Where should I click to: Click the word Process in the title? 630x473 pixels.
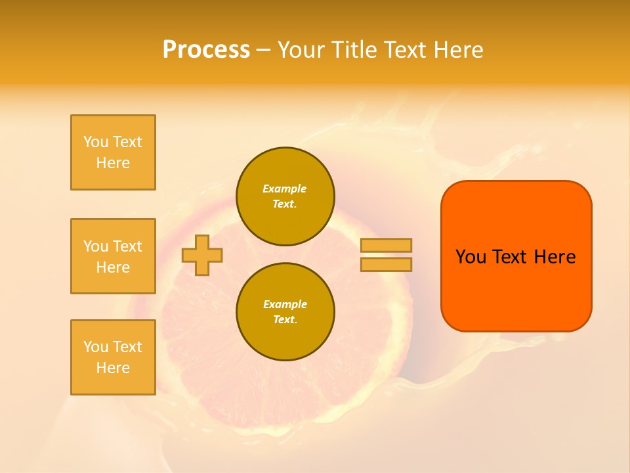coord(206,50)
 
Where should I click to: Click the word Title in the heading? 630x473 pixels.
coord(354,50)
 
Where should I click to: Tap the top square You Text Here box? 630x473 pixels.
coord(113,152)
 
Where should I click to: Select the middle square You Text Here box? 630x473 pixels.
coord(113,256)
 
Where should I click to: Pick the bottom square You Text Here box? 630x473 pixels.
coord(113,357)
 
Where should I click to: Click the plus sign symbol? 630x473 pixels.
coord(202,255)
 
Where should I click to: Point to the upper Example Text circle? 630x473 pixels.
coord(285,196)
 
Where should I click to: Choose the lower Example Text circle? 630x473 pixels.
coord(285,312)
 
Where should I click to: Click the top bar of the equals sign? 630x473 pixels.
coord(386,245)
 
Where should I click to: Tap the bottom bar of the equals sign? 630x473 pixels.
coord(386,264)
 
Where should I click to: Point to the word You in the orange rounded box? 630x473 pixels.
coord(471,257)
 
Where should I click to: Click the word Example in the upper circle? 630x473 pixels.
coord(285,189)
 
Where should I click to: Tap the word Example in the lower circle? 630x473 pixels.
coord(285,304)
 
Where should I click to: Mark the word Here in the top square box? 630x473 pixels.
coord(113,163)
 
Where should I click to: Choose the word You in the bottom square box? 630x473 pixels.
coord(96,346)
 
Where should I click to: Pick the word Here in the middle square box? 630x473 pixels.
coord(113,267)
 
